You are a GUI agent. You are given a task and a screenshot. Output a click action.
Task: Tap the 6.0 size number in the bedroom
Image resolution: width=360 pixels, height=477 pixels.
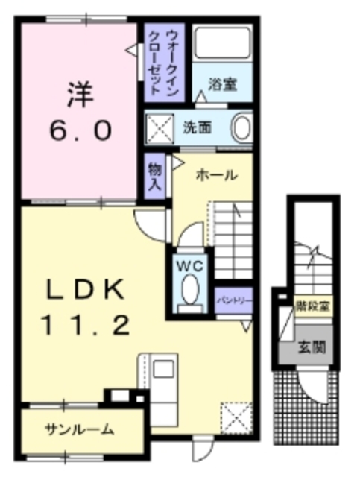point(81,130)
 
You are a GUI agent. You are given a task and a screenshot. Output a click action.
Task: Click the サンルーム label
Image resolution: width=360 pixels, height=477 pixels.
point(79,429)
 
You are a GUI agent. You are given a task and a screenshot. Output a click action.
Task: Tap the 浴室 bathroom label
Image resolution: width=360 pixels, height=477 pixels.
point(221,85)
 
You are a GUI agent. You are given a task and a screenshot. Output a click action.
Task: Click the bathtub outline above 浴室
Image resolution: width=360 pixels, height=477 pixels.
point(222,48)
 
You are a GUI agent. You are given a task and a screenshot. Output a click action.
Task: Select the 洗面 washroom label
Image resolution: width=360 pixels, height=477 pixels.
point(197,127)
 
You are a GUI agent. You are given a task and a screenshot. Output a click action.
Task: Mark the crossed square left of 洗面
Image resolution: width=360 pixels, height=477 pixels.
point(159,127)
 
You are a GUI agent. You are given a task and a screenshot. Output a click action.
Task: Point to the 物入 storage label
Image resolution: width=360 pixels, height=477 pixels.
point(154,176)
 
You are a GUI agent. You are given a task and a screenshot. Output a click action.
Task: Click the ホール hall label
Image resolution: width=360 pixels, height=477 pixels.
point(216,175)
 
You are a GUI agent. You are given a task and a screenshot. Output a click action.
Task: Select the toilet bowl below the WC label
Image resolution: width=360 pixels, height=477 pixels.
point(189,288)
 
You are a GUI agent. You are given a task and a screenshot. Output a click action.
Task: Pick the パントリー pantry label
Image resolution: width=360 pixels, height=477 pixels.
point(233,300)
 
